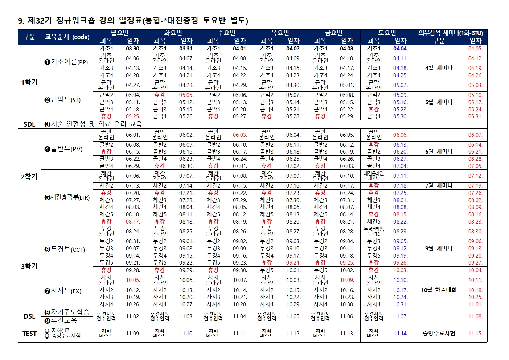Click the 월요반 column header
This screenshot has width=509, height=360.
coord(120,33)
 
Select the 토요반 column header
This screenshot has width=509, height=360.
coord(387,33)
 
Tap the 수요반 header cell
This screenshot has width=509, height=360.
coord(227,33)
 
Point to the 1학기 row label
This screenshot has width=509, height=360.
coord(29,82)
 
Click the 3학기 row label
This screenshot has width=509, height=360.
coord(29,266)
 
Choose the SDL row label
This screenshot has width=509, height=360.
coord(29,124)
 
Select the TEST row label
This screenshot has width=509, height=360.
coord(29,334)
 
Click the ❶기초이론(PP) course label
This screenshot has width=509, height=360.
coord(66,62)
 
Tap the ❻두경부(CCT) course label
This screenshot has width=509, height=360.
coord(65,249)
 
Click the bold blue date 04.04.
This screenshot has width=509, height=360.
coord(401,49)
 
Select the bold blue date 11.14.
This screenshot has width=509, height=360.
coord(401,334)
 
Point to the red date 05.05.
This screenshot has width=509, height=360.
coord(186,95)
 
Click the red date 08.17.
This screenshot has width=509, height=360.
coord(133,221)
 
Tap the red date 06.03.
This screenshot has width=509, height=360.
coord(240,135)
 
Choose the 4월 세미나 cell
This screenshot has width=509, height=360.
coord(439,68)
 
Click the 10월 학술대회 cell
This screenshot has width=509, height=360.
coord(439,290)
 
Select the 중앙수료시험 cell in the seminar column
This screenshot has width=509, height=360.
coord(439,334)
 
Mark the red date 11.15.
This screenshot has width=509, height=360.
coord(475,334)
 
